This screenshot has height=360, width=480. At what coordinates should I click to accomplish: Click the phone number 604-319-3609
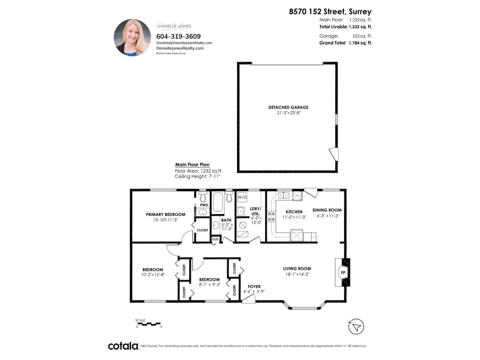[178, 36]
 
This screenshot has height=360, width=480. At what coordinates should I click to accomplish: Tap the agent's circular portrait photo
[132, 38]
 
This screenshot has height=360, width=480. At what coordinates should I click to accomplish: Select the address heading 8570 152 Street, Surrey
[330, 12]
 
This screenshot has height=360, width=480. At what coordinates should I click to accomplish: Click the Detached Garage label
[288, 107]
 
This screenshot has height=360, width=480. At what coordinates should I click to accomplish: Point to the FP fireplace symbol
[343, 273]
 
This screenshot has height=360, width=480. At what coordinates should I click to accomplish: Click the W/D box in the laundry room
[242, 197]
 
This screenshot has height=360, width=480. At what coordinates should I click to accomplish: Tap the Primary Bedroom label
[166, 214]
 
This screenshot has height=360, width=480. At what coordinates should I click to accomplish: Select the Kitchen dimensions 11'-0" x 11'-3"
[294, 217]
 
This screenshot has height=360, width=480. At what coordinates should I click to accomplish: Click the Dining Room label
[327, 210]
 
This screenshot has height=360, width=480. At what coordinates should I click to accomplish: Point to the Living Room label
[297, 268]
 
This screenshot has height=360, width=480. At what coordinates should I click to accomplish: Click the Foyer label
[254, 286]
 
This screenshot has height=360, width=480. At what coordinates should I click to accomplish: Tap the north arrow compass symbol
[356, 327]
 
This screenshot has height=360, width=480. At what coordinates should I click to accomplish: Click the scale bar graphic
[149, 324]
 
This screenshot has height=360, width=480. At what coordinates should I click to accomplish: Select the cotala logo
[123, 346]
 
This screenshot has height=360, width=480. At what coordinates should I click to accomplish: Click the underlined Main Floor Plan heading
[192, 164]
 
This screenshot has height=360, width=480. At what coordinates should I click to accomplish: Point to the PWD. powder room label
[204, 205]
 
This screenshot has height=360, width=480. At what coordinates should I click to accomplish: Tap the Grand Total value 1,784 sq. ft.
[360, 43]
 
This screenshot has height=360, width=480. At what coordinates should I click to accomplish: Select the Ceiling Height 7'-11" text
[197, 176]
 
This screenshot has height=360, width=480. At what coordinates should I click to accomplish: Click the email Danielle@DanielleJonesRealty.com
[184, 43]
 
